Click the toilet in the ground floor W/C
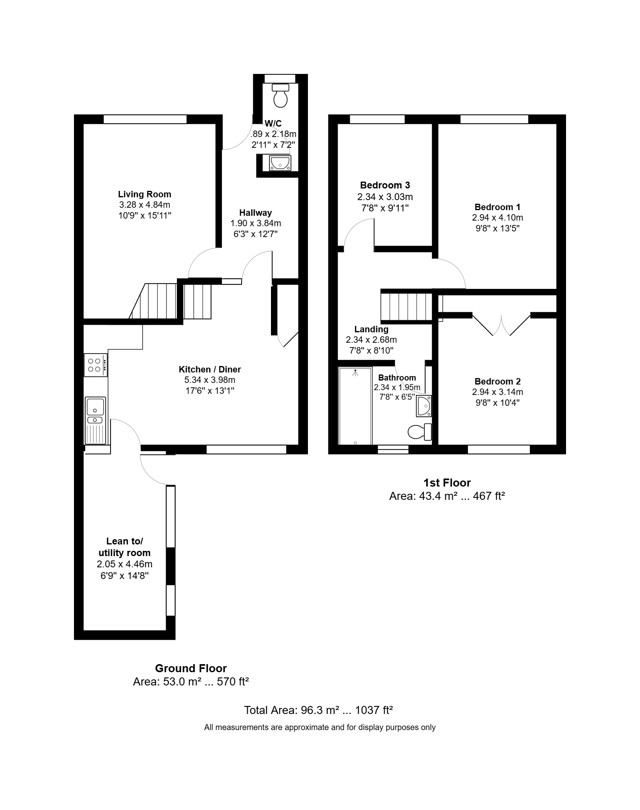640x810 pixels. [x=281, y=95]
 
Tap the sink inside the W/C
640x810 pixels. [x=280, y=163]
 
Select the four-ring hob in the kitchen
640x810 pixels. [x=96, y=365]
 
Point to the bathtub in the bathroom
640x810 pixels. [x=355, y=406]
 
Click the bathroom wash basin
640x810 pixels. [x=424, y=405]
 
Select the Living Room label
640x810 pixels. [x=145, y=194]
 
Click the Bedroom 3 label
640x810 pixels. [x=385, y=185]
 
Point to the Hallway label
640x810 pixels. [x=256, y=213]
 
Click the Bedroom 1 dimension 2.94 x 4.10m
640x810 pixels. [x=498, y=218]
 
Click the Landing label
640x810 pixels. [x=371, y=329]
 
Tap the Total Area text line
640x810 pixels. [x=318, y=710]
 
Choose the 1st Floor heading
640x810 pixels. [x=447, y=483]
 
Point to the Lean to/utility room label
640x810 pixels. [x=125, y=547]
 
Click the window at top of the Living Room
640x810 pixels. [x=145, y=119]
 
